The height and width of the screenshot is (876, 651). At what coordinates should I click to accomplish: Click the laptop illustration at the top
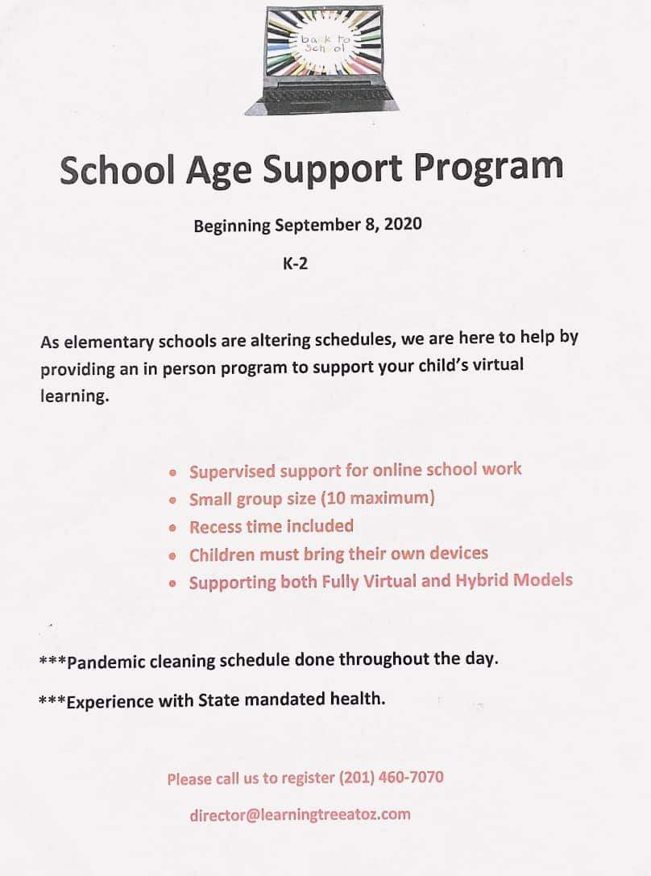click(332, 59)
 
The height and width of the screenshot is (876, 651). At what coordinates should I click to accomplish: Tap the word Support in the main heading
click(323, 170)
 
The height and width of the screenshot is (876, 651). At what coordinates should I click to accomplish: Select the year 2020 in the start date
click(402, 225)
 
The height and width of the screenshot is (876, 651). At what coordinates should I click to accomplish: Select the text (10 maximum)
click(378, 498)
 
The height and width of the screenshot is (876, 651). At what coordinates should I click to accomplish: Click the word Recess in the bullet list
click(214, 527)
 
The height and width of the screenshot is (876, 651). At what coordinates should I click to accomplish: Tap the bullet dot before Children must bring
click(172, 557)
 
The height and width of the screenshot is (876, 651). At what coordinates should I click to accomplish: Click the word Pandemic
click(106, 663)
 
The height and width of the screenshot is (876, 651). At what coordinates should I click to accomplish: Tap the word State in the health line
click(219, 700)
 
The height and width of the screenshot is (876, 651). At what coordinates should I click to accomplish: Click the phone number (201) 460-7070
click(392, 778)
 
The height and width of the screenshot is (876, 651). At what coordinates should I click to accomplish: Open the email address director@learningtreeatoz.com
click(300, 814)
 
